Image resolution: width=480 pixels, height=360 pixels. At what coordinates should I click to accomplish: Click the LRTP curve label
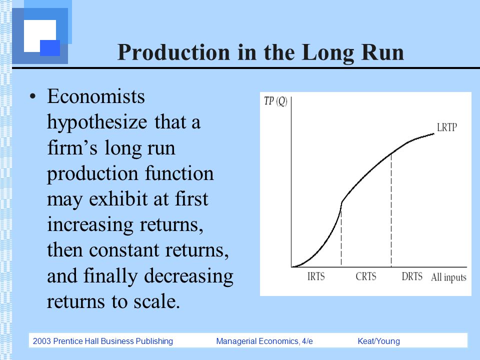446,127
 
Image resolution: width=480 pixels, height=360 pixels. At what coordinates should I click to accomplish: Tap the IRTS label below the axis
316,276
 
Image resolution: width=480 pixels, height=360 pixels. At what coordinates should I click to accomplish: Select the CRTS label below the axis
366,276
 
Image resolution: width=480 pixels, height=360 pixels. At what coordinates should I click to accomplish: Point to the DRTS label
412,276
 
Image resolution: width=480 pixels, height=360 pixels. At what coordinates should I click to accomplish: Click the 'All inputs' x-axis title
448,277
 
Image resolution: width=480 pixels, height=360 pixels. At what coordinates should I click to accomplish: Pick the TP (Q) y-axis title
275,101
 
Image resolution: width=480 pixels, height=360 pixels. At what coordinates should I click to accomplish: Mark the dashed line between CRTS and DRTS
391,210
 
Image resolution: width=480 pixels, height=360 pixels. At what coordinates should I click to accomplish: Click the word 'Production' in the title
173,52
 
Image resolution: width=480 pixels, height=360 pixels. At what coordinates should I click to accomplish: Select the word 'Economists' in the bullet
96,96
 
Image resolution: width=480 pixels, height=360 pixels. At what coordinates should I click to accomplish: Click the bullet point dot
33,96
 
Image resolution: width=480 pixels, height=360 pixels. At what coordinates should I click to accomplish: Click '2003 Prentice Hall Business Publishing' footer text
103,341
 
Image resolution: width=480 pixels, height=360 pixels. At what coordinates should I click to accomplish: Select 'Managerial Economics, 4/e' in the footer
264,341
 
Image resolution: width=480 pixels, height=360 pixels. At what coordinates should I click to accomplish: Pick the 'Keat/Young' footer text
378,341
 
